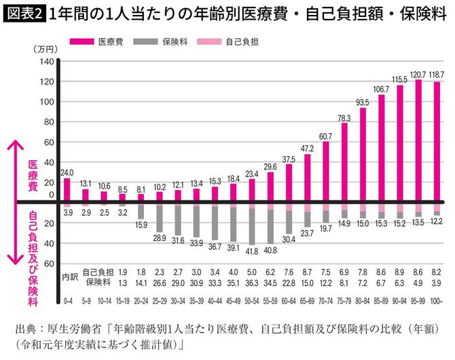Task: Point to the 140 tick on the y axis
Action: pyautogui.click(x=45, y=62)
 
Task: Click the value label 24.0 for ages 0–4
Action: pyautogui.click(x=67, y=173)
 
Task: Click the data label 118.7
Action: pyautogui.click(x=437, y=74)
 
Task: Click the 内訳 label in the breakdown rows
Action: pyautogui.click(x=71, y=277)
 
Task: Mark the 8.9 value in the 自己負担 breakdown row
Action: pyautogui.click(x=400, y=272)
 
